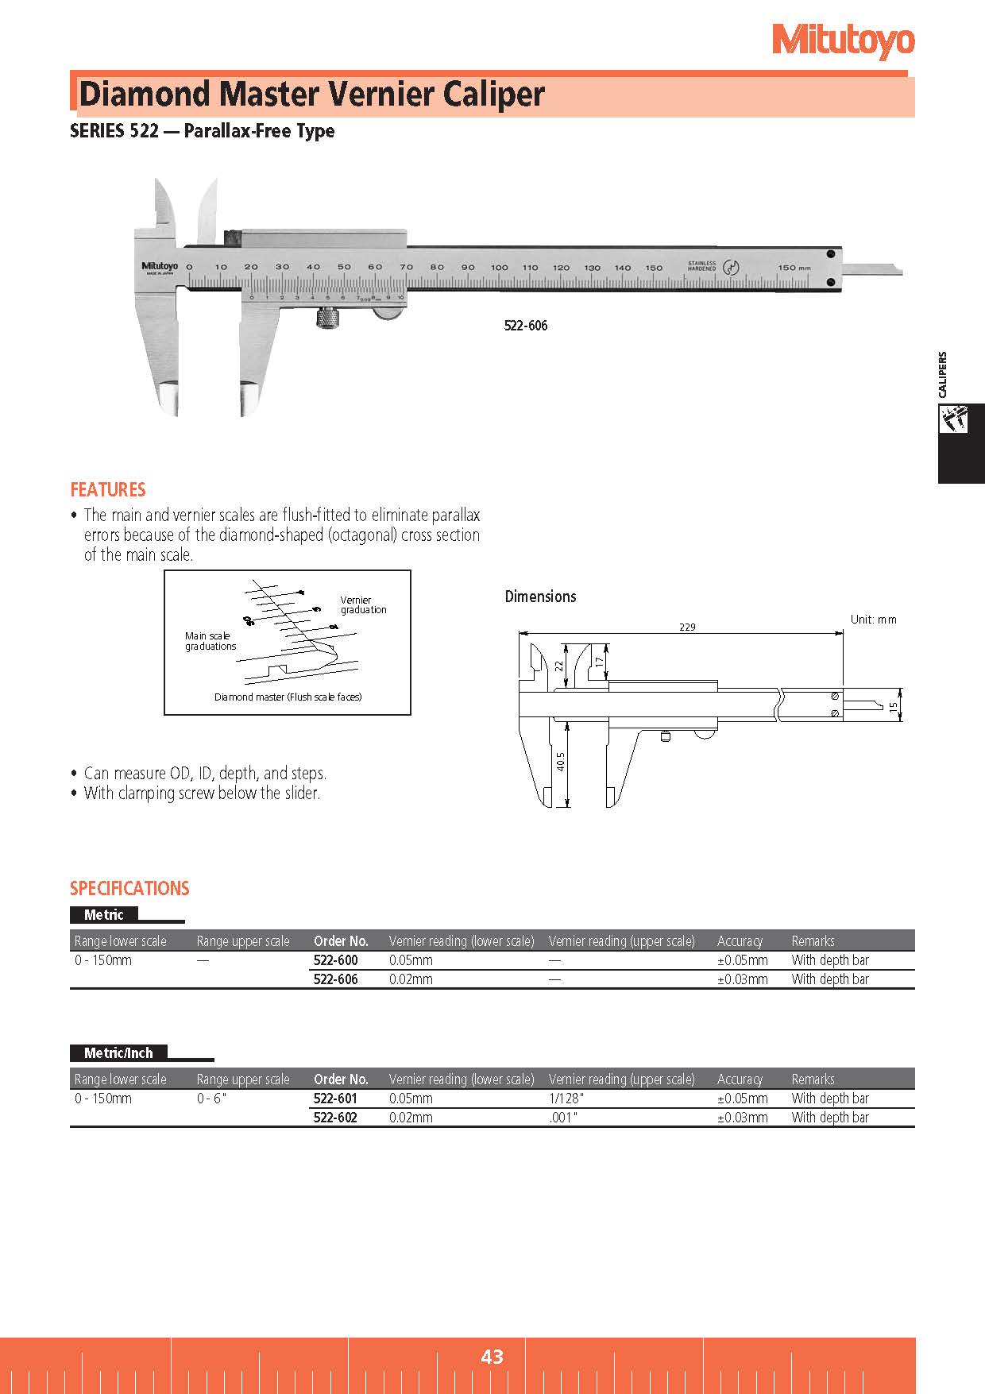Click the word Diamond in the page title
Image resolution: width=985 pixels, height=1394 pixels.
coord(145,95)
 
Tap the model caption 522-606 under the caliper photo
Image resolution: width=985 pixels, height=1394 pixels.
coord(526,326)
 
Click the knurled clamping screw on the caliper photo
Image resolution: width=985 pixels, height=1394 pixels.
coord(326,319)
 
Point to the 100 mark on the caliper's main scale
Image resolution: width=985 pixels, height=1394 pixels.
coord(499,268)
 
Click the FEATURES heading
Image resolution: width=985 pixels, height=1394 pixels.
coord(108,489)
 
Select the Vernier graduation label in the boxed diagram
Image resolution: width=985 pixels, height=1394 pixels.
coord(363,605)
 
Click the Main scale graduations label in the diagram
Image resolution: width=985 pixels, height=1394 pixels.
coord(211,641)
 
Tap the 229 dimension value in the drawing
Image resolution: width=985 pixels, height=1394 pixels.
coord(687,627)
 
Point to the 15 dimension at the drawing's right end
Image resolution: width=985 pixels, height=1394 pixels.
coord(894,705)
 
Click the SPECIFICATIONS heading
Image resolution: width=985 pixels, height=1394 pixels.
coord(129,888)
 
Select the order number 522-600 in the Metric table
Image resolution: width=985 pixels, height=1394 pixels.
coord(335,960)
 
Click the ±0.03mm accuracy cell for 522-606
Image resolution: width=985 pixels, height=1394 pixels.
coord(743,979)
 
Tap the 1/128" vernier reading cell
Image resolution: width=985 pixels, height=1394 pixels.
coord(566,1099)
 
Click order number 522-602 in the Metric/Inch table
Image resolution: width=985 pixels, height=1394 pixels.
coord(335,1118)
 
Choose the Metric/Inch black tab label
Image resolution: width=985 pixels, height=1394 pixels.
coord(118,1053)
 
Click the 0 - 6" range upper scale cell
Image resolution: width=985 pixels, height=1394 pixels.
coord(211,1099)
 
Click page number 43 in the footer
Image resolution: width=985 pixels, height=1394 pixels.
coord(492,1356)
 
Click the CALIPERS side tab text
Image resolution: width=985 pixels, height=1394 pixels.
coord(942,375)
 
